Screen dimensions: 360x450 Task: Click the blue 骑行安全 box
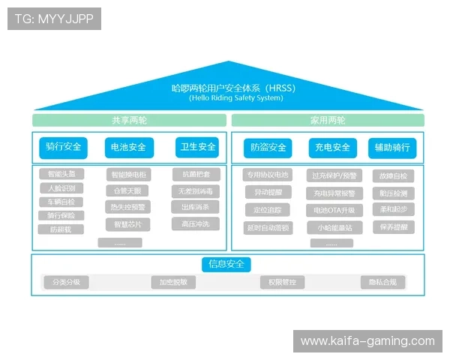tap(64, 147)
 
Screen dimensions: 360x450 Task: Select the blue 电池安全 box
tap(128, 147)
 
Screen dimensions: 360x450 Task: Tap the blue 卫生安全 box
tap(196, 147)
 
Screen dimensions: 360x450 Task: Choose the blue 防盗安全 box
tap(268, 148)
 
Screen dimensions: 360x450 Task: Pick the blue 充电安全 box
tap(330, 148)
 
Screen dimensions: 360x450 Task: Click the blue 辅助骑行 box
tap(392, 148)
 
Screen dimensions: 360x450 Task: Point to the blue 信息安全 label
tap(226, 264)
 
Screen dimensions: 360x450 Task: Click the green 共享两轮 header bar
tap(129, 120)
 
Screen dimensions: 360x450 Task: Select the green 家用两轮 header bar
tap(328, 120)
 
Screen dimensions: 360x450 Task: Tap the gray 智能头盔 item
tap(61, 174)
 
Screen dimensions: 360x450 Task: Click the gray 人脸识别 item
tap(61, 188)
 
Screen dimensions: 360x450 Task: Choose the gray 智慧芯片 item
tap(127, 224)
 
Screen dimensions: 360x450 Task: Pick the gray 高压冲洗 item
tap(195, 223)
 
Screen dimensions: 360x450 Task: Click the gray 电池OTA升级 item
tap(334, 210)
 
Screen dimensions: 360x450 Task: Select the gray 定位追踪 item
tap(268, 210)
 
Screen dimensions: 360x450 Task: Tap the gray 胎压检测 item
tap(393, 193)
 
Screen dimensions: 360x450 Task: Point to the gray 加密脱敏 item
tap(173, 282)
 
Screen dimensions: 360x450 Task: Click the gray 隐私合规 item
tap(382, 282)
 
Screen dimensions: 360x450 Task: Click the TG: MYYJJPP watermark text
tap(54, 19)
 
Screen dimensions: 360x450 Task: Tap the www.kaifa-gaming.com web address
tap(367, 341)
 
